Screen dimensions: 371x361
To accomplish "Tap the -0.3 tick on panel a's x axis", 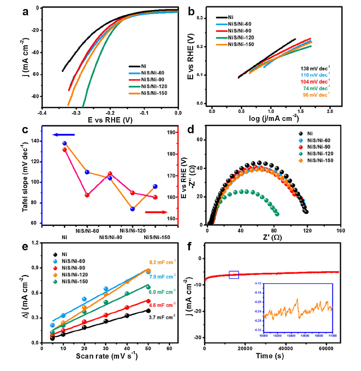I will (76, 113).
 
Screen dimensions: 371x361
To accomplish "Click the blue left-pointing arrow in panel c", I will (64, 134).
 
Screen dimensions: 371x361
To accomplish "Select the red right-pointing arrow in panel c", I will (156, 212).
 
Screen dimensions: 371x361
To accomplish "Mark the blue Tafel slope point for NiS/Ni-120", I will (133, 209).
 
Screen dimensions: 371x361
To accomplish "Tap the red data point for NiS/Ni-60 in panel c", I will (87, 195).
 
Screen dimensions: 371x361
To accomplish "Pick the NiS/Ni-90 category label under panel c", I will (110, 237).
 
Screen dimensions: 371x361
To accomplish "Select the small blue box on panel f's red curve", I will (234, 275).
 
